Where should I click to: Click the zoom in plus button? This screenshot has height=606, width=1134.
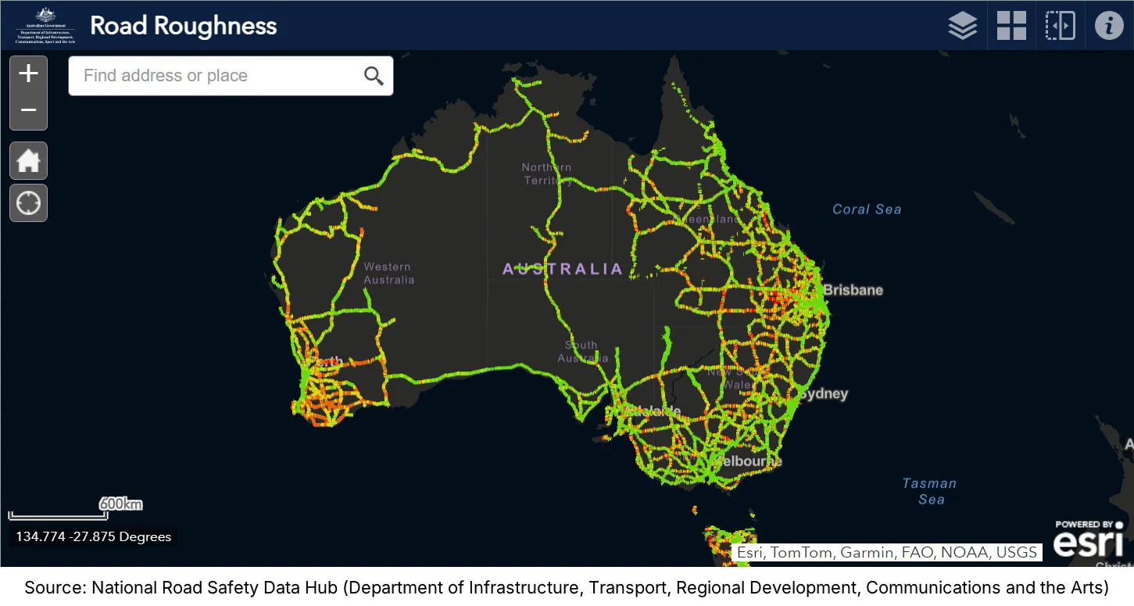coord(29,74)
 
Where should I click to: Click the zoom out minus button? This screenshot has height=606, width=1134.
coord(29,110)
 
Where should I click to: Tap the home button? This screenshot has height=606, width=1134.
coord(29,161)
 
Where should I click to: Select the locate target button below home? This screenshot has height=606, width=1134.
coord(29,203)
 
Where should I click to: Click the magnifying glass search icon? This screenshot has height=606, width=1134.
coord(374,76)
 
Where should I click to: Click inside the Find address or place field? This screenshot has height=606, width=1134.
coord(211,76)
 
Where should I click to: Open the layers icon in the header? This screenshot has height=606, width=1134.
coord(963,26)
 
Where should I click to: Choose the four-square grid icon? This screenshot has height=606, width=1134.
coord(1011,26)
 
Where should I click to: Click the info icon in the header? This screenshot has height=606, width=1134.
coord(1108,26)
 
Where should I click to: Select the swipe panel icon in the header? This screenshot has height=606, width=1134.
coord(1061,26)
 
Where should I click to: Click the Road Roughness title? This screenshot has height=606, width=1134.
coord(184,26)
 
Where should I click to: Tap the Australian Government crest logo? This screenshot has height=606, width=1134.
coord(45,25)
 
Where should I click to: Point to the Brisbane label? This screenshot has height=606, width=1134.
coord(853,290)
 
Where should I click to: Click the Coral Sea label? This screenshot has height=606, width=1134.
coord(867,210)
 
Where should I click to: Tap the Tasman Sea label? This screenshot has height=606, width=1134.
coord(929,491)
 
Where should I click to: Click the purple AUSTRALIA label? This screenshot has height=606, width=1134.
coord(563,270)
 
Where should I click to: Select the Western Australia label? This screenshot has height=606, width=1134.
coord(388,274)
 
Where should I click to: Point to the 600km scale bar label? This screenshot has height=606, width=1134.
coord(120,504)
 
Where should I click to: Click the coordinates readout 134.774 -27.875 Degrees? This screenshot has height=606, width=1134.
coord(93,537)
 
